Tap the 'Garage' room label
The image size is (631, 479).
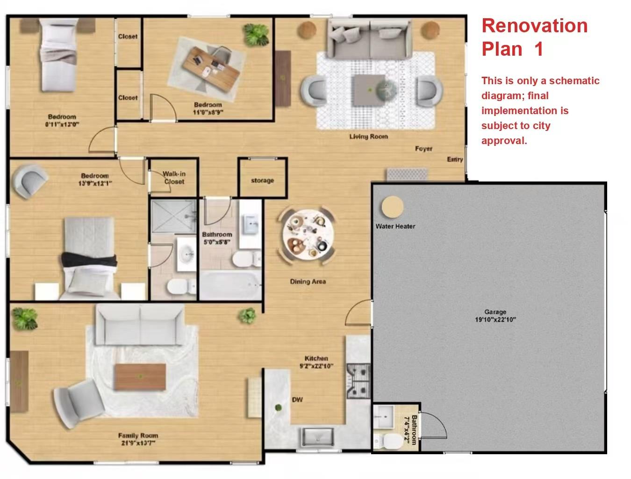495,312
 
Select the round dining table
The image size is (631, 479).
307,233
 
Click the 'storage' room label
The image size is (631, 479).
262,181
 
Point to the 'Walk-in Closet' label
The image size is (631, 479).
174,178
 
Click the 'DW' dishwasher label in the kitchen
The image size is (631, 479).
297,399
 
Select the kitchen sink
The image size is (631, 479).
317,437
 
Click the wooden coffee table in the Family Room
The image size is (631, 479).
140,377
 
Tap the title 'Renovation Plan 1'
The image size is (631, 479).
534,37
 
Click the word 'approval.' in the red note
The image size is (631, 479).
504,141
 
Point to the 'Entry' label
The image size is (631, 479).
454,160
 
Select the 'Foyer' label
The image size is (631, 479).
423,149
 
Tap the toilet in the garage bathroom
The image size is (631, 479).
383,441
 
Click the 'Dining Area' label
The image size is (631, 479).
308,282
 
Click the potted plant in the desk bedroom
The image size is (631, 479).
256,34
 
